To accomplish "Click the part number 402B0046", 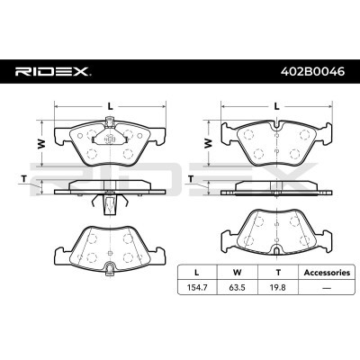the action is point(312,72).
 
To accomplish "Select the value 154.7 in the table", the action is point(197,287).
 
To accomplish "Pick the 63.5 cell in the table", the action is point(237,287).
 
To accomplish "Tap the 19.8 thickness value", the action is point(277,287).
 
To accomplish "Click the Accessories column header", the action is point(327,273).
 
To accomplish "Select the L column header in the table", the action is point(196,273).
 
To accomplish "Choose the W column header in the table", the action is point(237,273).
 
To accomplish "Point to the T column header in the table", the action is point(278,273).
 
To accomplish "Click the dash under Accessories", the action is point(326,288).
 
